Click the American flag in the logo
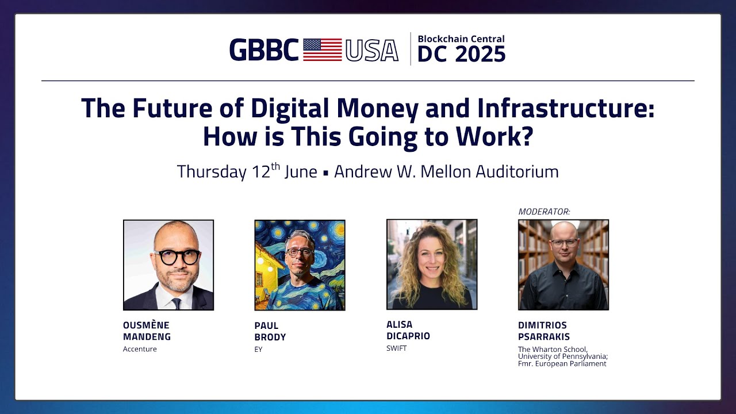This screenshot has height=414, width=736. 322,50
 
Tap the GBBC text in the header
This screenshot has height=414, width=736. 264,50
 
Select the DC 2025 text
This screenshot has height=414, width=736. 461,55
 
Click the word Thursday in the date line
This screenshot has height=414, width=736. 211,171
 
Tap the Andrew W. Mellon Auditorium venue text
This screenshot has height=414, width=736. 446,171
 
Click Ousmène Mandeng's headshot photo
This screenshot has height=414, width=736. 168,265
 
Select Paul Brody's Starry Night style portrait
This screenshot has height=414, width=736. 300,265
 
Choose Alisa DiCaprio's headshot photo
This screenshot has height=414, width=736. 431,264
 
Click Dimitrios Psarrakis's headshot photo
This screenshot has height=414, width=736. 563,265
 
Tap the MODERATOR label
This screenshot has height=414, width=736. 544,212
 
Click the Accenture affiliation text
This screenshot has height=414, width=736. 140,349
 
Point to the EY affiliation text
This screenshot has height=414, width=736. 258,349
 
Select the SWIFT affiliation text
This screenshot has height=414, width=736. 396,348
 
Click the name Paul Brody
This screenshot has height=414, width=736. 270,331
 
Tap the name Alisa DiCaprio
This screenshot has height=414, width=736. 408,331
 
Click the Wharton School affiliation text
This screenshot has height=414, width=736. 562,356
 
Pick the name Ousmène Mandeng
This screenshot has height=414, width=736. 147,331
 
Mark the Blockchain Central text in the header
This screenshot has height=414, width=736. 461,39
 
